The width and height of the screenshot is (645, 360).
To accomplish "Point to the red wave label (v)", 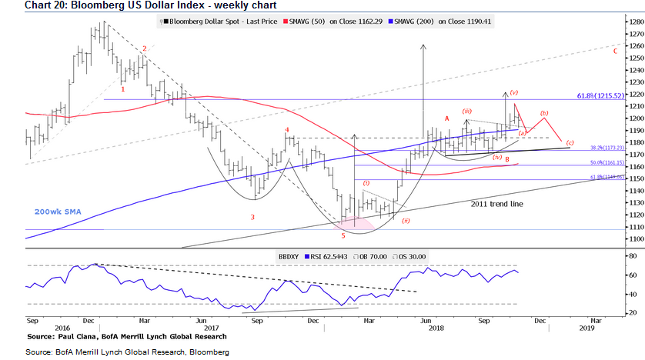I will click(x=513, y=92).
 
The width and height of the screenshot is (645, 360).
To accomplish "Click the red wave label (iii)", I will click(x=467, y=112).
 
